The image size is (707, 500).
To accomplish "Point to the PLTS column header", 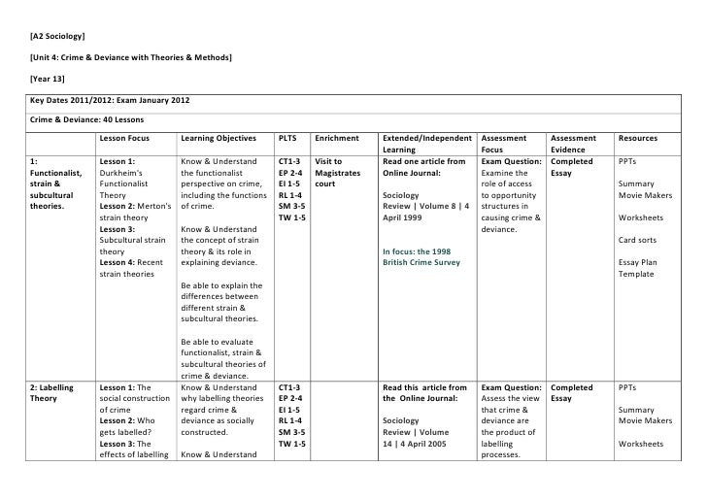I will [287, 139].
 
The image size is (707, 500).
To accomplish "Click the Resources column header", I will [637, 139].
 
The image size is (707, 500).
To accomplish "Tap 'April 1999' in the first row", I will [406, 218].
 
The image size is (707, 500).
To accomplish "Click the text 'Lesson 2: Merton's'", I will [136, 207].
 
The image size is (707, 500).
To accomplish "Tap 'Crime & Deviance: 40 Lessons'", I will [88, 120].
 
